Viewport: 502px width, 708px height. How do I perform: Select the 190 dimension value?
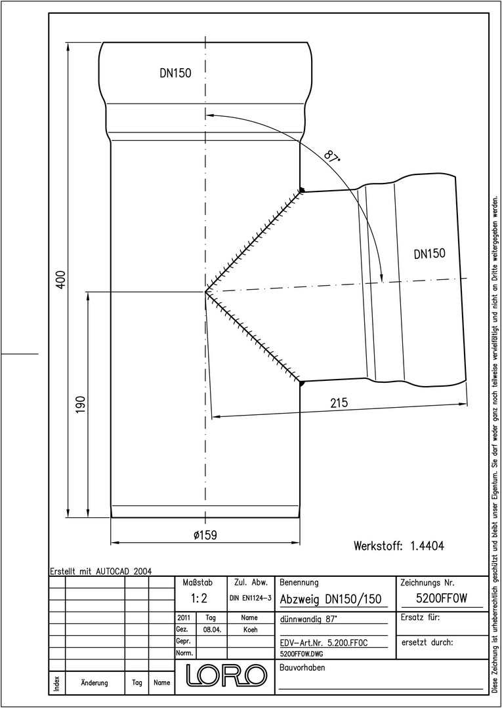(81, 406)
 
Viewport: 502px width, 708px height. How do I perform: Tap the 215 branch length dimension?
(339, 403)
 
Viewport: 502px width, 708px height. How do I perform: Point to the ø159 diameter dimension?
(205, 535)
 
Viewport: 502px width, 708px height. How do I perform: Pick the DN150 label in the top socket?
(175, 73)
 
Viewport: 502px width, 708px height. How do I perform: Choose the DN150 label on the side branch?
(430, 254)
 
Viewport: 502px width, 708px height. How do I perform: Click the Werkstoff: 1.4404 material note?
(399, 546)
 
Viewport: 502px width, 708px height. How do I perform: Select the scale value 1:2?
(198, 599)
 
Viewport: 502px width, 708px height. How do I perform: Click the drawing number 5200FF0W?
(442, 599)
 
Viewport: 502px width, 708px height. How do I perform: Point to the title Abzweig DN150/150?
(331, 599)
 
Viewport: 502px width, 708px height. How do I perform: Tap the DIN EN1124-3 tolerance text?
(250, 599)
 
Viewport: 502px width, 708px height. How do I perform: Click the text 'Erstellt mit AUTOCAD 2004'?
(101, 571)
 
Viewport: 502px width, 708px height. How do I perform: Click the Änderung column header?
(94, 682)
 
